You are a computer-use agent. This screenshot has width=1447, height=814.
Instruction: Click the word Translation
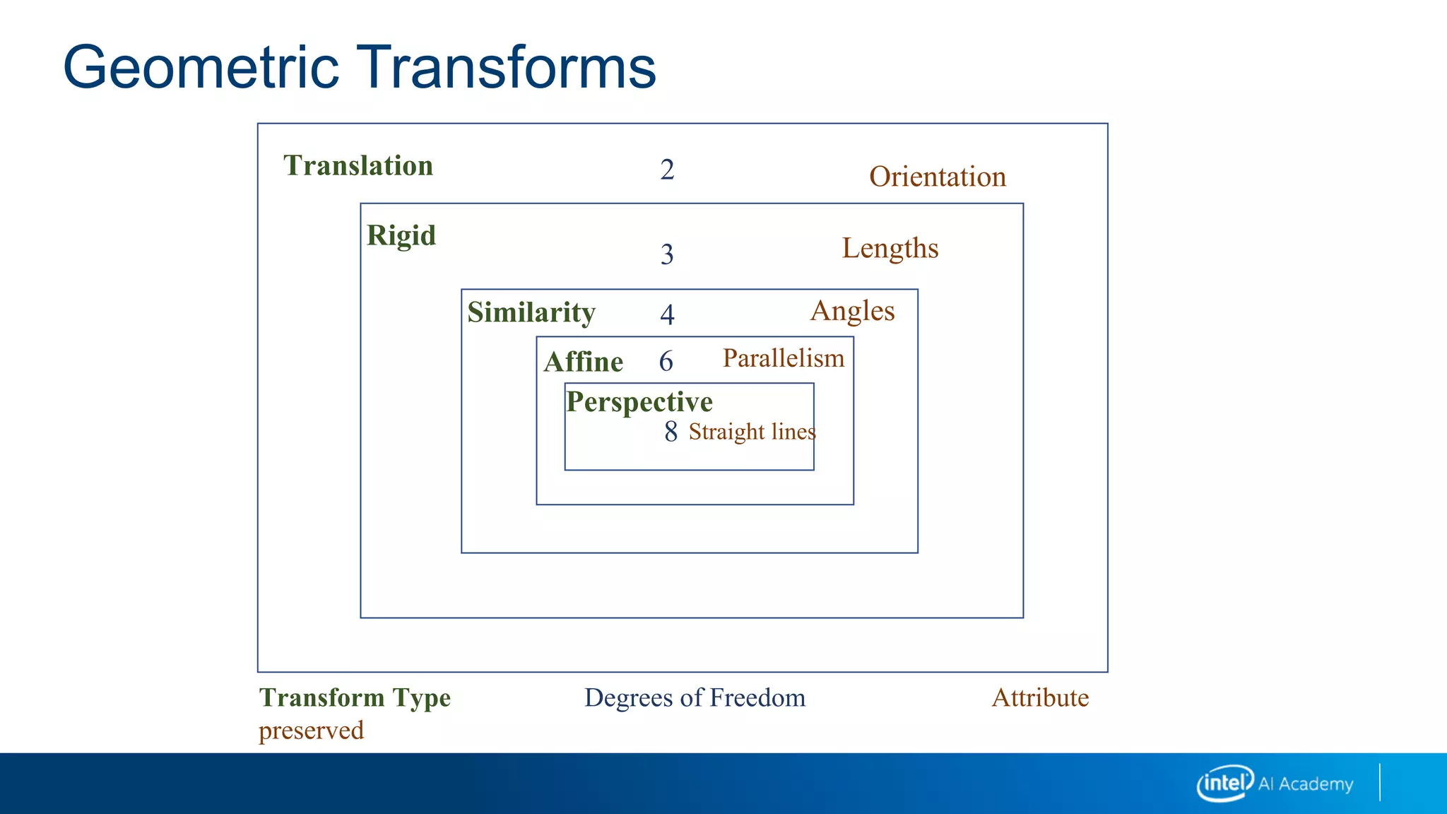pyautogui.click(x=358, y=166)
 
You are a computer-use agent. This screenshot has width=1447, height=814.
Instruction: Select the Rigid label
pyautogui.click(x=401, y=236)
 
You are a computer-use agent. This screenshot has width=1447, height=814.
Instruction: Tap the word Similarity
pyautogui.click(x=531, y=313)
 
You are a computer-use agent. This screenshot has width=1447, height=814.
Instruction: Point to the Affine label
pyautogui.click(x=583, y=362)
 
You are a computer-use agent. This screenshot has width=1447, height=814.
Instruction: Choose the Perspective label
pyautogui.click(x=639, y=402)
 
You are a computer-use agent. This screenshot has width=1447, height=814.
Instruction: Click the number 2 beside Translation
pyautogui.click(x=667, y=170)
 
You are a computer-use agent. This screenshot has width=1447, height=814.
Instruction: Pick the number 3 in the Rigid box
pyautogui.click(x=667, y=254)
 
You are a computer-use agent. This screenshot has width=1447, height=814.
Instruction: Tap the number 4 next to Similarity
pyautogui.click(x=667, y=314)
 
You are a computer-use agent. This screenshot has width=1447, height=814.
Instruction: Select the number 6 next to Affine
pyautogui.click(x=666, y=362)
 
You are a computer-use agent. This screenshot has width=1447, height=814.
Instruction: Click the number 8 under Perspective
pyautogui.click(x=671, y=432)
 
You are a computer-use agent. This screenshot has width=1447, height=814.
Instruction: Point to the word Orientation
pyautogui.click(x=938, y=177)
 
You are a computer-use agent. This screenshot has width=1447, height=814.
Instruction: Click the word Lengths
pyautogui.click(x=890, y=249)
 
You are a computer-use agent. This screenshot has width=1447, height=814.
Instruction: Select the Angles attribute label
pyautogui.click(x=852, y=312)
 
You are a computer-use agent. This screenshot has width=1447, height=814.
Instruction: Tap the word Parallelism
pyautogui.click(x=784, y=358)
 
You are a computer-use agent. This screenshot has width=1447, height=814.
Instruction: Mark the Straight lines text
pyautogui.click(x=752, y=432)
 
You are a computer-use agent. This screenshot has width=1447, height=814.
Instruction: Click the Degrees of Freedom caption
pyautogui.click(x=695, y=698)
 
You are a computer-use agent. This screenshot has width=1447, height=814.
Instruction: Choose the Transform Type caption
pyautogui.click(x=355, y=698)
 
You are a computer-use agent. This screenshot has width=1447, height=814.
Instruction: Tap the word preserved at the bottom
pyautogui.click(x=311, y=731)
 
